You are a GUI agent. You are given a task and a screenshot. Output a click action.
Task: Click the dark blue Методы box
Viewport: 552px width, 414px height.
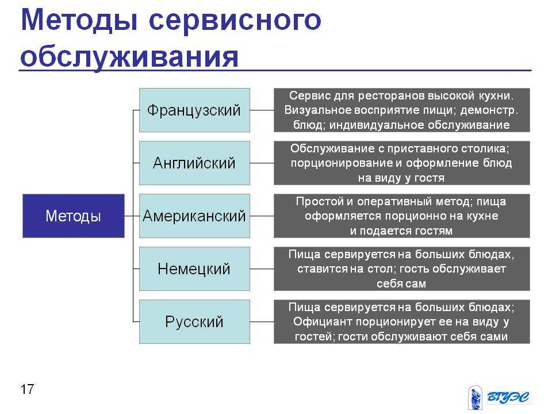coord(73,216)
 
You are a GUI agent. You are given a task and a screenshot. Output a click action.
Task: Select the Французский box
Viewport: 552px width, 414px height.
coord(194,110)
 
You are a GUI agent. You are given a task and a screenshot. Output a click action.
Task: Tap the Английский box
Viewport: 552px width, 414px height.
coord(194,163)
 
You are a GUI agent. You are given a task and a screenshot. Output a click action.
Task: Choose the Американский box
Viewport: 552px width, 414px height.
coord(194,216)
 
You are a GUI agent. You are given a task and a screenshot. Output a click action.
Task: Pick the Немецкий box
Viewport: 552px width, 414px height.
coord(194,269)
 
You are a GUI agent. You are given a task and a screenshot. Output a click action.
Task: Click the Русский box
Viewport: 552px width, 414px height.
coord(194,321)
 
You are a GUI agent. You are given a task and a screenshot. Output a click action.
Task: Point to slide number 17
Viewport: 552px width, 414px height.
coord(27,389)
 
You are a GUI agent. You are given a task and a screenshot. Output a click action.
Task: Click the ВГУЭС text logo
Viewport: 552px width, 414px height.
coord(508,397)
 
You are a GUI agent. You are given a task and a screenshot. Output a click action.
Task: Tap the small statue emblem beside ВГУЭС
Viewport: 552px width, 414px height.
coord(475,397)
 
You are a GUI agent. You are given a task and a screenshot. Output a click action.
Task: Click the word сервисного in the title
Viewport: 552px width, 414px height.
coord(235,21)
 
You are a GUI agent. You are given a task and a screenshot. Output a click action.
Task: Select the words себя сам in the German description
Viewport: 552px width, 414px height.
coord(401,283)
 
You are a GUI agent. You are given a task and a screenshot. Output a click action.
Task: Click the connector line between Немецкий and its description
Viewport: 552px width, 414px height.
coord(262,269)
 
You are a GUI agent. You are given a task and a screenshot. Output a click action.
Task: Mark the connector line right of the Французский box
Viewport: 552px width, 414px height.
coord(262,110)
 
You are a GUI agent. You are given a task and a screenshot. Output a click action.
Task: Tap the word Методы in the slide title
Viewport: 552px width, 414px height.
coord(79,21)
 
